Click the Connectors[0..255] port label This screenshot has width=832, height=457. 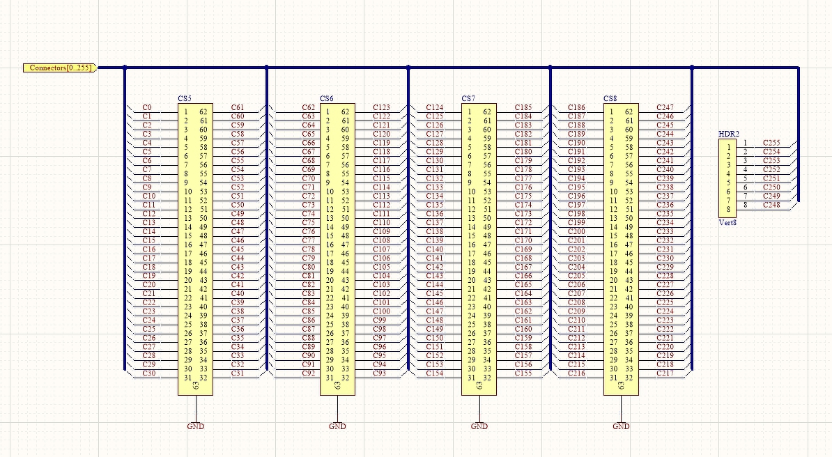pos(60,68)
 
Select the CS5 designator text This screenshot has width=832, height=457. pos(185,99)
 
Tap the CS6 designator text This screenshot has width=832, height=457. pos(327,99)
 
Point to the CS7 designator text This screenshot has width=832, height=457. pos(468,99)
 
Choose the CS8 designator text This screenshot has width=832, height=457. pos(610,99)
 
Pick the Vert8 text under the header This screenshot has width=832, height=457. pos(727,222)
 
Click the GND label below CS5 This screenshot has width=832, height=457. pos(196,426)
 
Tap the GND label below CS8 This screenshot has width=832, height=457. pos(621,426)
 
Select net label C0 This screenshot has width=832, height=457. pos(147,107)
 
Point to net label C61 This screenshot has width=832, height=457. pos(238,107)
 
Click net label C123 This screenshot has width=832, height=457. pos(381,107)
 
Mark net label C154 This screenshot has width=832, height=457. pos(434,373)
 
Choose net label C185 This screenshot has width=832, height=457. pos(523,107)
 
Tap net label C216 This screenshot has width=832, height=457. pos(576,373)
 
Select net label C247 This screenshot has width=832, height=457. pos(665,107)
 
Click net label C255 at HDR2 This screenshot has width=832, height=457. pos(771,142)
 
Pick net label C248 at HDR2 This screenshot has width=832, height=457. pos(771,205)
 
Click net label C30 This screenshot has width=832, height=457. pos(148,373)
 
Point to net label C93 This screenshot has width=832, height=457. pos(379,373)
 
